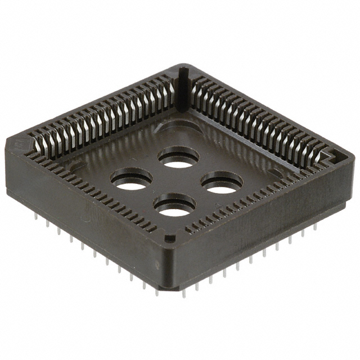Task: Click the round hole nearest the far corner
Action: (178, 158)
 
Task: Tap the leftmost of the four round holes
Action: (132, 179)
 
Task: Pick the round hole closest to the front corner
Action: (175, 205)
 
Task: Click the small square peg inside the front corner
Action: (168, 238)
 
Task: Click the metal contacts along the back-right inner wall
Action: (259, 118)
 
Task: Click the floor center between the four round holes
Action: (177, 181)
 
